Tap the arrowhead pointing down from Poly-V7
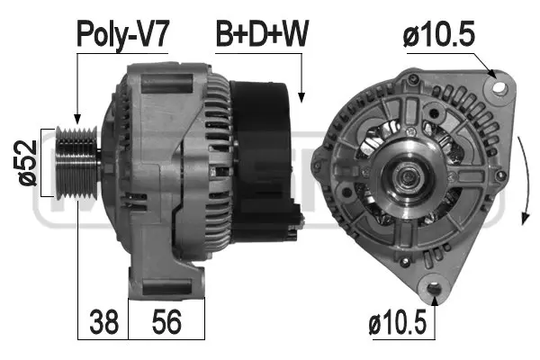click(x=78, y=122)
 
